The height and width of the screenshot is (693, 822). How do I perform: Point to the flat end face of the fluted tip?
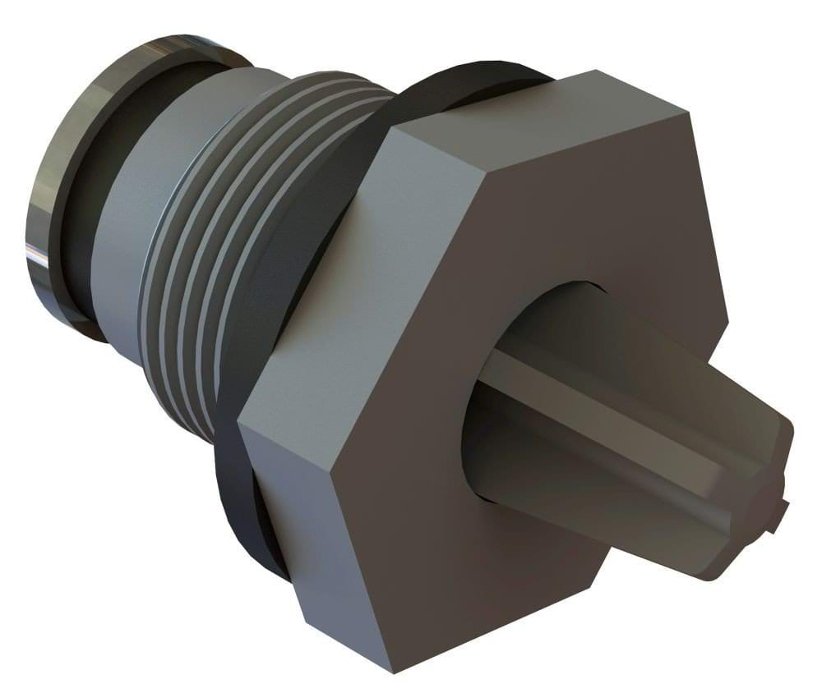(756, 509)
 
